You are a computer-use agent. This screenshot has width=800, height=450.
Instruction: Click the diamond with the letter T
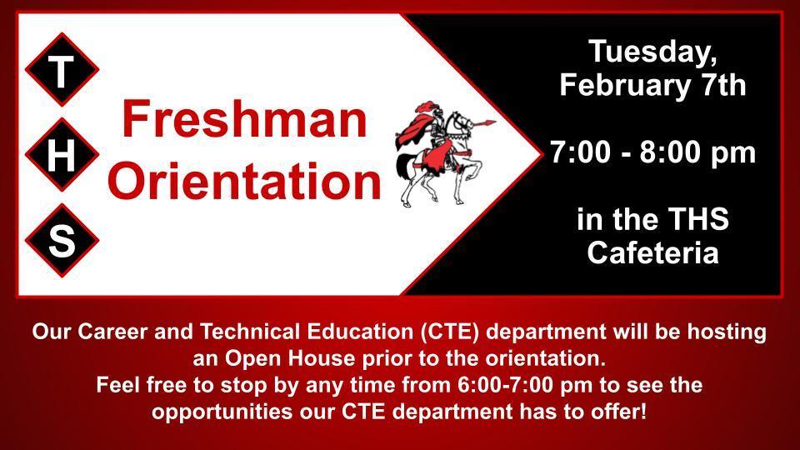(62, 70)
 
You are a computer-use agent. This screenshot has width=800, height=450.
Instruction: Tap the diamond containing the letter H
(62, 155)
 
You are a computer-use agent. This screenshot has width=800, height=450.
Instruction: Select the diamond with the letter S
(62, 240)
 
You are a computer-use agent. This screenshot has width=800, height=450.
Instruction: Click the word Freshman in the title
(244, 119)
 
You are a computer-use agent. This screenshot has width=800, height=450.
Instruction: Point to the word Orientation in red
(244, 181)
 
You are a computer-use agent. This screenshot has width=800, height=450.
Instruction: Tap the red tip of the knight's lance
(489, 122)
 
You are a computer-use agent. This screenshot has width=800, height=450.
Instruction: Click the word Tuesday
(652, 52)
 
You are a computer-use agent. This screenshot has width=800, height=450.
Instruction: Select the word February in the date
(624, 85)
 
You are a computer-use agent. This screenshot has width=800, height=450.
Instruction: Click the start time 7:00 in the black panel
(580, 152)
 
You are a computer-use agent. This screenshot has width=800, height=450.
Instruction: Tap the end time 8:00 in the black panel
(670, 152)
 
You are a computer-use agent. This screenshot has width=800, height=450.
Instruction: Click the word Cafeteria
(652, 252)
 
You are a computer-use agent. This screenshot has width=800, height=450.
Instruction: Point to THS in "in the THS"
(698, 219)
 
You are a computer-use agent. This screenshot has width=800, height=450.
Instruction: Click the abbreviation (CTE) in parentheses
(451, 332)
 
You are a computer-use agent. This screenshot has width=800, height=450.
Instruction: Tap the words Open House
(290, 358)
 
